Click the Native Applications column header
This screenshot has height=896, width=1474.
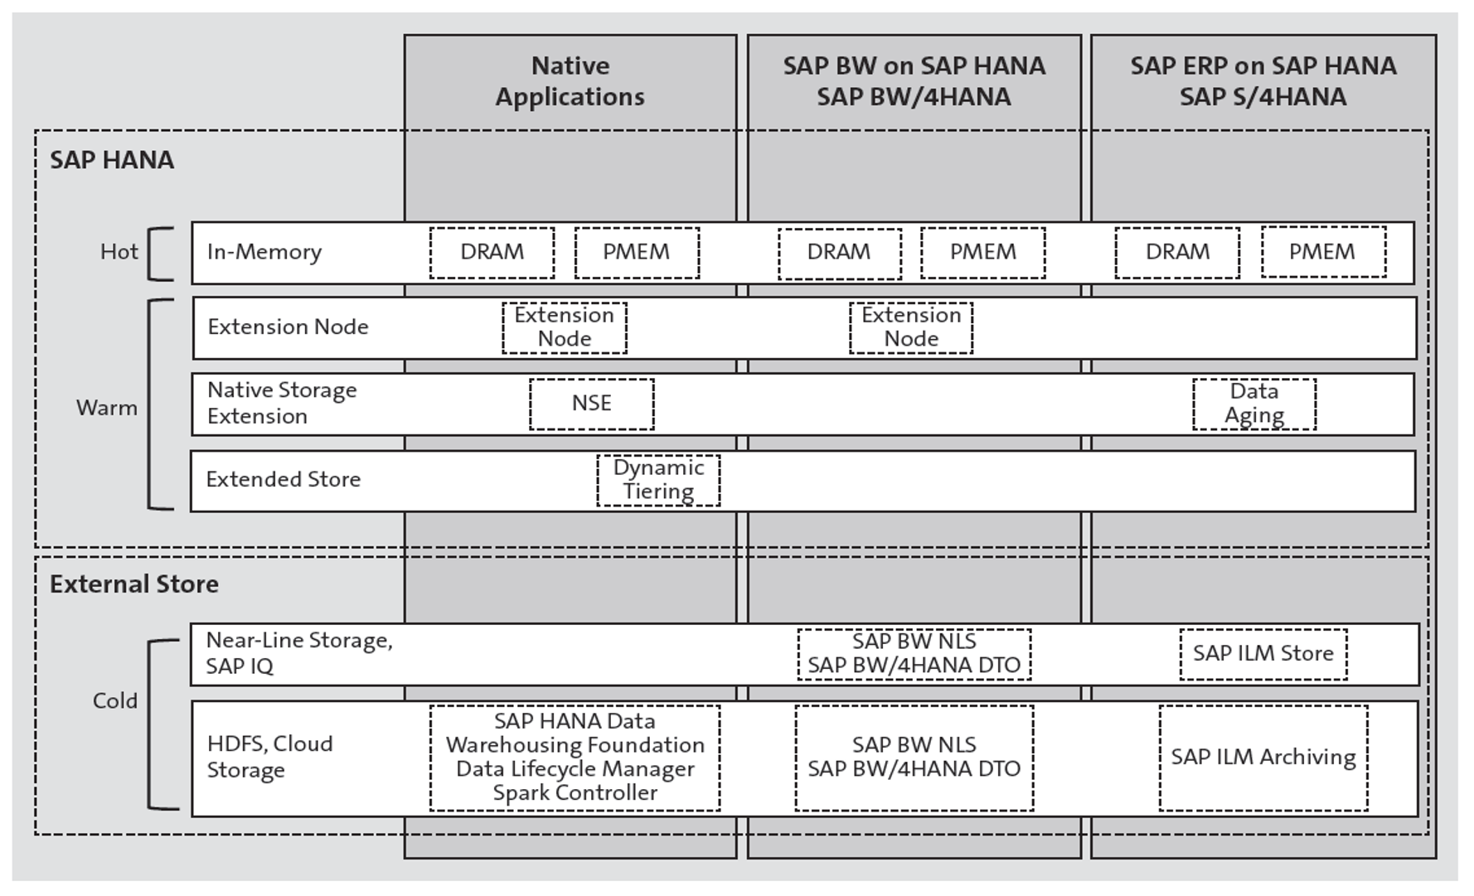[570, 81]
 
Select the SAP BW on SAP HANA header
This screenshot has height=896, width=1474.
[914, 81]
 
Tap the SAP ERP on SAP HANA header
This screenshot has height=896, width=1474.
[1263, 81]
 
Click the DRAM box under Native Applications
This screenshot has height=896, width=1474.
[492, 252]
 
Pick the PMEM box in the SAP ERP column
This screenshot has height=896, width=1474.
[1322, 252]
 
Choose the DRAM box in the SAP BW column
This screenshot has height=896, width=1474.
[839, 252]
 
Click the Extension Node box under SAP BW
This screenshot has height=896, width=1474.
[910, 327]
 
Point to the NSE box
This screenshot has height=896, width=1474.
[591, 404]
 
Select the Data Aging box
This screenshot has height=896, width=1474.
[1253, 404]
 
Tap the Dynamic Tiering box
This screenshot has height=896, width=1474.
[658, 480]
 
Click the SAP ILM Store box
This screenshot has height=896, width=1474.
[1263, 653]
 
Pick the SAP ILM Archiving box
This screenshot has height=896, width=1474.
[1263, 757]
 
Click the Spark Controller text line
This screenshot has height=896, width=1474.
[575, 793]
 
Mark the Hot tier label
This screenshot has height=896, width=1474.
[119, 252]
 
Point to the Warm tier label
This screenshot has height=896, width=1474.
[106, 408]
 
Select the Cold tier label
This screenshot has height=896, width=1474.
[114, 701]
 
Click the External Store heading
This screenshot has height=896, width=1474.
[133, 584]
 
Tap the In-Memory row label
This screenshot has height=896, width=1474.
[264, 252]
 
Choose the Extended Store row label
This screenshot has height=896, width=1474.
[283, 480]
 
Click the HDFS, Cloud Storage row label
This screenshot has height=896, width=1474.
[269, 757]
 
